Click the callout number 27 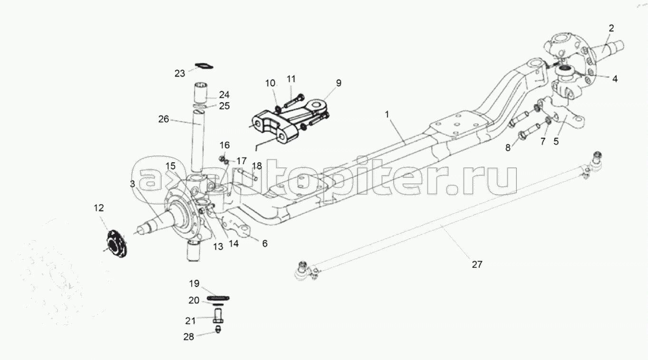click(x=477, y=264)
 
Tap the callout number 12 click(x=98, y=208)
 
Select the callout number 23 click(x=180, y=74)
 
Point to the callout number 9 click(x=339, y=83)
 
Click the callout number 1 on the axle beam click(x=387, y=115)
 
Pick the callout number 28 click(x=189, y=337)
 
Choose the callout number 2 click(x=611, y=28)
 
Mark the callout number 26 click(x=164, y=119)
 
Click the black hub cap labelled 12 click(x=117, y=243)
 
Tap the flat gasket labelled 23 click(x=204, y=66)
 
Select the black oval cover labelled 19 click(x=218, y=298)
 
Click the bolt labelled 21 click(x=218, y=316)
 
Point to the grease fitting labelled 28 click(x=218, y=329)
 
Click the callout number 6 click(x=265, y=243)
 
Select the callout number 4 click(x=615, y=78)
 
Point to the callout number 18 click(x=257, y=166)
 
